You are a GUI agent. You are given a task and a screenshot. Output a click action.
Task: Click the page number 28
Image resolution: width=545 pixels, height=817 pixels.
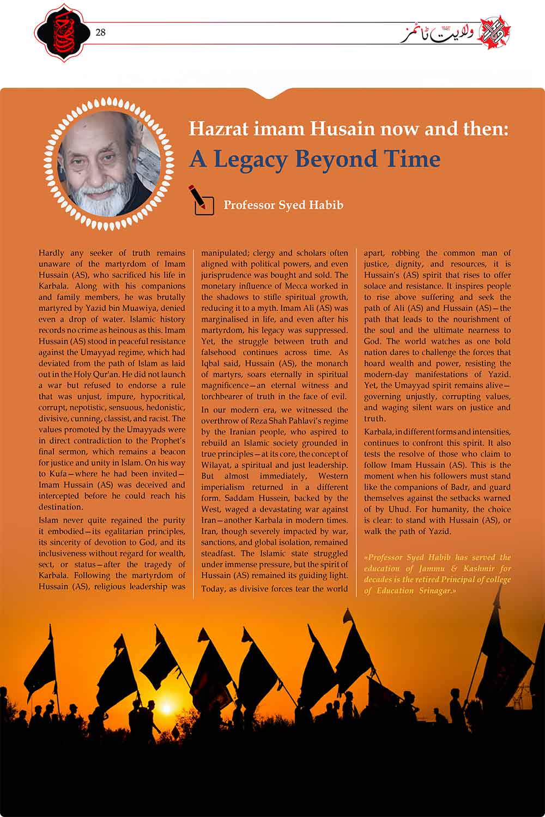[100, 33]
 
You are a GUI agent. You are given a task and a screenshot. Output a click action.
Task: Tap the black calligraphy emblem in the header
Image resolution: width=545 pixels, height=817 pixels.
[61, 33]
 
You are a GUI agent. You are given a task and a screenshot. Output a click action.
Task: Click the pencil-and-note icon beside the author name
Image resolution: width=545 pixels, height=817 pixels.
[201, 200]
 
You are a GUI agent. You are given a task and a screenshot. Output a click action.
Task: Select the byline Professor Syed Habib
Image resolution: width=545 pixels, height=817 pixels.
[283, 205]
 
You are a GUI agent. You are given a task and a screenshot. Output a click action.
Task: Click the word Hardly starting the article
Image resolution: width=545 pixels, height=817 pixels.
[52, 253]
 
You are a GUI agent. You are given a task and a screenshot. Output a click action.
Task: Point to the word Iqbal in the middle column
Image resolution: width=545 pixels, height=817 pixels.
[212, 363]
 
